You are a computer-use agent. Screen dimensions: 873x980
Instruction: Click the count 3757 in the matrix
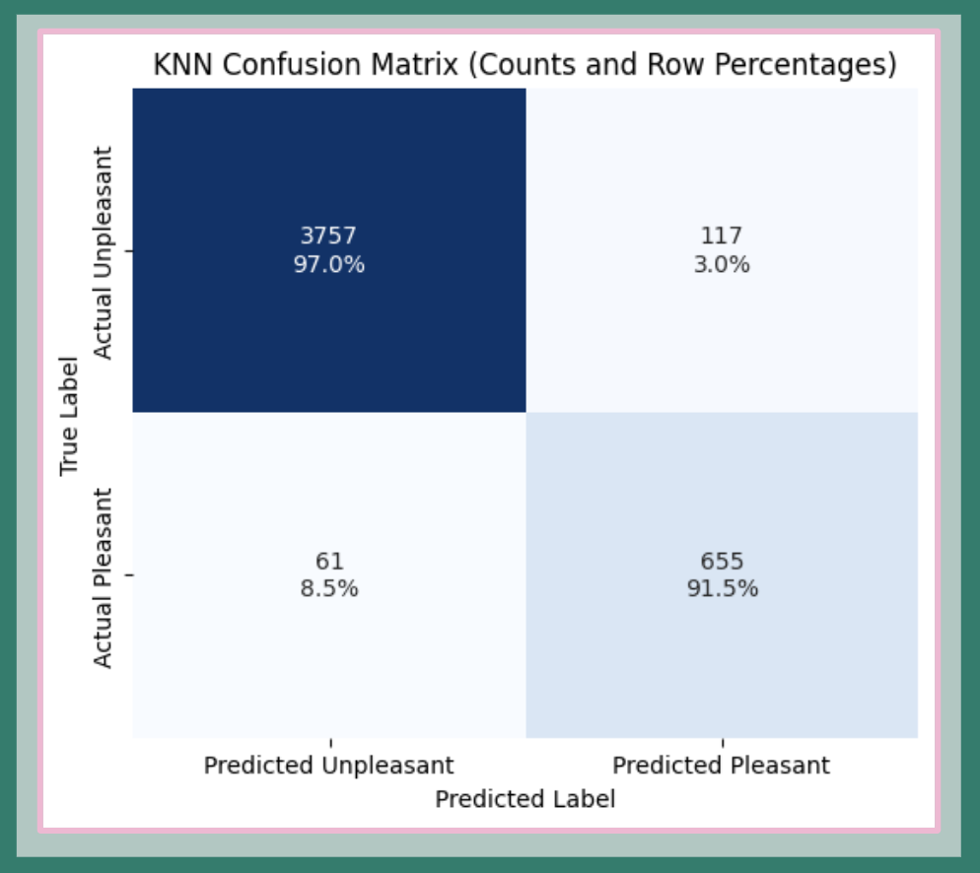point(328,236)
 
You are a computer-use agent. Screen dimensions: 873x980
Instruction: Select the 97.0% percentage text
point(328,264)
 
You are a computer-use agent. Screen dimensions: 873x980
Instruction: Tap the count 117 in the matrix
point(721,236)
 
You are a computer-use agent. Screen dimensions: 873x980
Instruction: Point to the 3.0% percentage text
point(721,264)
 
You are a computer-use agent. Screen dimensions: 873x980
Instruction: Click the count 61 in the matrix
point(328,562)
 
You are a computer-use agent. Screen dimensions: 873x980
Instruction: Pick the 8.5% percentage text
point(328,589)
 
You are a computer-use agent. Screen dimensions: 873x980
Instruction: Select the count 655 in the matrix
point(721,562)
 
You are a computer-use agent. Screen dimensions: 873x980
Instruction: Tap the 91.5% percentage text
point(721,589)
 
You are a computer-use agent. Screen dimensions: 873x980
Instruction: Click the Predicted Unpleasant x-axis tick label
point(328,766)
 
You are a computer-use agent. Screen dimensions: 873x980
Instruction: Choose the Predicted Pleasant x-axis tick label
point(721,766)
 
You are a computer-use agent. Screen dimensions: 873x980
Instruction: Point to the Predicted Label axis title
point(525,799)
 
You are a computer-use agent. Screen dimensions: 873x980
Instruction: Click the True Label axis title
point(69,414)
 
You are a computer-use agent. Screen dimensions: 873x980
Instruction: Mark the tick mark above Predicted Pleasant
point(722,742)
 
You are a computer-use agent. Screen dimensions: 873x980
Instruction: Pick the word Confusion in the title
point(269,66)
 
